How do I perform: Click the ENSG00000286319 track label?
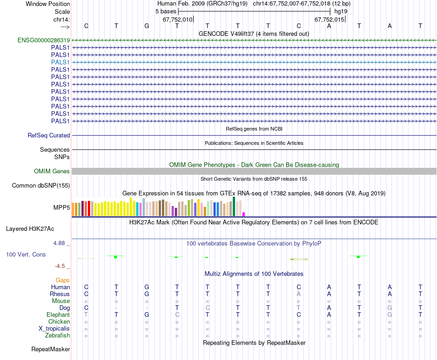(x=44, y=40)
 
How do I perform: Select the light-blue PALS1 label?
(x=60, y=62)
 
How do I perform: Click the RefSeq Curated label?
(x=49, y=136)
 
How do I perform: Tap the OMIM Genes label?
(x=52, y=171)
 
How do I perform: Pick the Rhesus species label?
(x=60, y=294)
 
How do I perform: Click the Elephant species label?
(x=58, y=315)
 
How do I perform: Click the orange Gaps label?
(x=63, y=280)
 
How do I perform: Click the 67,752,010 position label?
(x=178, y=20)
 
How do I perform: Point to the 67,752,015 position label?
(x=329, y=20)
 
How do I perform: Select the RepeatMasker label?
(x=51, y=349)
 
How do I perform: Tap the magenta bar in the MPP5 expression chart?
(x=244, y=214)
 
